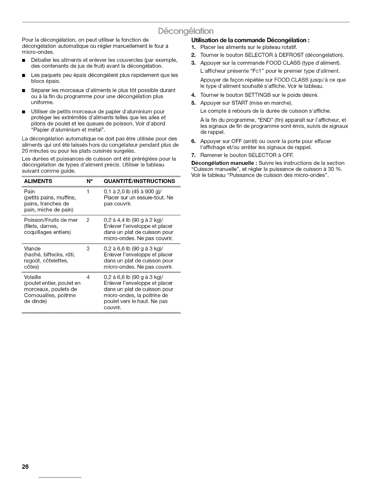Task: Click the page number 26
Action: (x=25, y=467)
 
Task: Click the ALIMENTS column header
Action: (x=38, y=181)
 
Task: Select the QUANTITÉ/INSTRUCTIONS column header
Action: (x=139, y=181)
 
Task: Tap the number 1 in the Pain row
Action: (x=88, y=192)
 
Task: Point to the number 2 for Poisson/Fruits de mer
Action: (x=88, y=220)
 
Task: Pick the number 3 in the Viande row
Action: (x=88, y=248)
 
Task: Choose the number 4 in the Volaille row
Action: (x=88, y=277)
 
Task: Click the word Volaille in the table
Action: (x=32, y=277)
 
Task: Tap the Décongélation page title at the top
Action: (x=185, y=31)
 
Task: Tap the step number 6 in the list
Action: (x=193, y=141)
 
